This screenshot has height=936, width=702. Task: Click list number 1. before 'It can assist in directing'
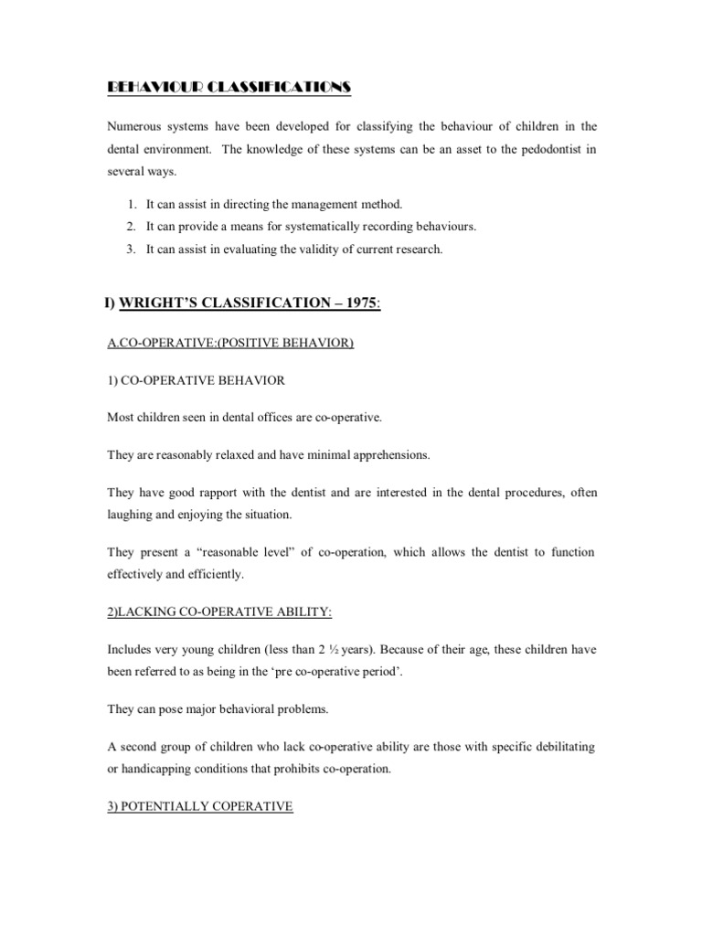[x=133, y=204]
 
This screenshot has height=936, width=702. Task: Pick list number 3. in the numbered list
[x=133, y=250]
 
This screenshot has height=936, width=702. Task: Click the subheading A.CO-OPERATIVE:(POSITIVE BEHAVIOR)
[x=230, y=343]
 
